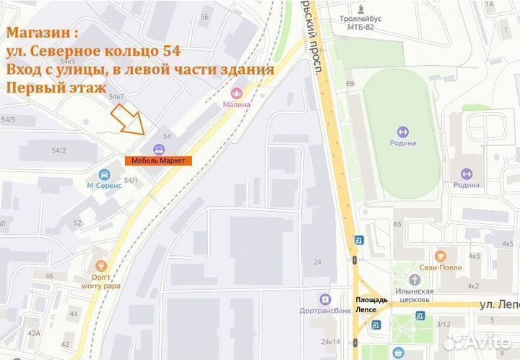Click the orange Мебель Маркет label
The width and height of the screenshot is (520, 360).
(x=158, y=160)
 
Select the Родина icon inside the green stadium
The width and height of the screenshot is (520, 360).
(x=402, y=132)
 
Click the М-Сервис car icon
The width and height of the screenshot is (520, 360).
(x=105, y=174)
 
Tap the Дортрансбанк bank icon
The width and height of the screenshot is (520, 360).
(x=325, y=299)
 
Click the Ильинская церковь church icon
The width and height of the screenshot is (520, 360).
(x=414, y=280)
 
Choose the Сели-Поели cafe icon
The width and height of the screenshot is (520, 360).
(x=441, y=255)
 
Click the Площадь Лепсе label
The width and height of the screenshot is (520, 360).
(x=371, y=304)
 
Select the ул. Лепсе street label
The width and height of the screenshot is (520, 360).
(x=498, y=305)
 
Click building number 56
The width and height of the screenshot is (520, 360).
(x=204, y=17)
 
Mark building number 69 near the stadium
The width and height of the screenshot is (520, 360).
(x=350, y=85)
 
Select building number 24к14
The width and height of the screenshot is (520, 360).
(x=331, y=341)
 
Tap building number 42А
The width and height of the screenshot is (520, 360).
(x=33, y=333)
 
